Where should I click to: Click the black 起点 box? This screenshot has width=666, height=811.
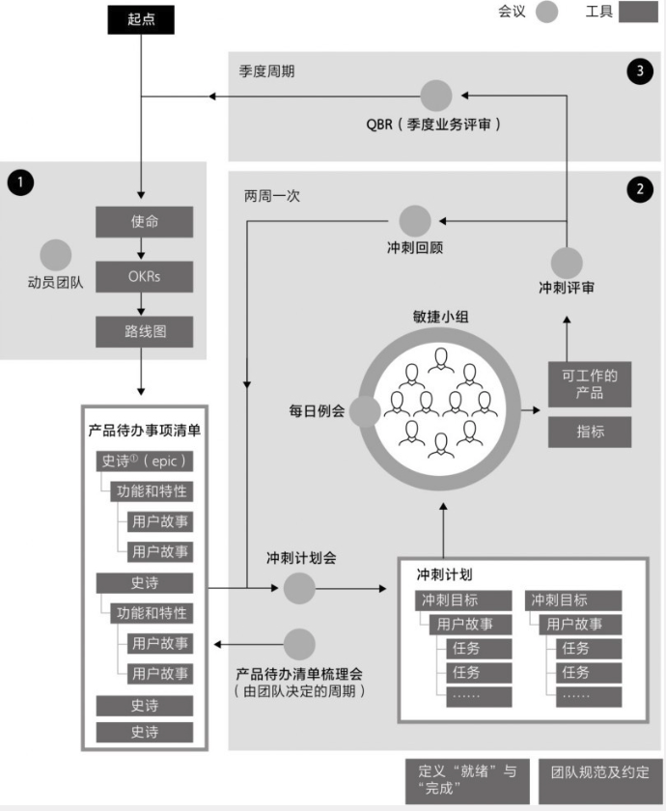[x=141, y=18]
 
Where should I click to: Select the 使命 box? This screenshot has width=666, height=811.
[x=144, y=221]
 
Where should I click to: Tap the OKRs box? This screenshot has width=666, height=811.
[x=144, y=277]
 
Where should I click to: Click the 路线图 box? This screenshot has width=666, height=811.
[x=144, y=332]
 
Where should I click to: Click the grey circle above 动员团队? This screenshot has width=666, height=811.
[x=55, y=255]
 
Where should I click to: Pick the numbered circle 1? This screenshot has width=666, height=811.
[x=18, y=181]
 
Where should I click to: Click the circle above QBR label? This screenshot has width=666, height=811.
[x=436, y=95]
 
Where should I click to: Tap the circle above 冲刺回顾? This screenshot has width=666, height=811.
[x=415, y=221]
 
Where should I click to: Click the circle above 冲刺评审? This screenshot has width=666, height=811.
[x=567, y=262]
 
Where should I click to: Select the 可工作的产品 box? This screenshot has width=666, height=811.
[x=590, y=383]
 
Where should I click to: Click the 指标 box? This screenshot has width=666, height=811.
[x=590, y=432]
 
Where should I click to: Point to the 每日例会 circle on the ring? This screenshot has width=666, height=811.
[x=364, y=411]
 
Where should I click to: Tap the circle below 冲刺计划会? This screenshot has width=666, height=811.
[x=300, y=587]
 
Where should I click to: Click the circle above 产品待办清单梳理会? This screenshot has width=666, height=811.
[x=300, y=644]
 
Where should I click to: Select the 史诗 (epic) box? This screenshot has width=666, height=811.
[x=144, y=461]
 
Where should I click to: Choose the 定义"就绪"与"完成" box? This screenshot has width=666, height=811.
[x=467, y=778]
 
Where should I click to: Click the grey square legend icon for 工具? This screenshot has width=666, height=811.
[x=637, y=13]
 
